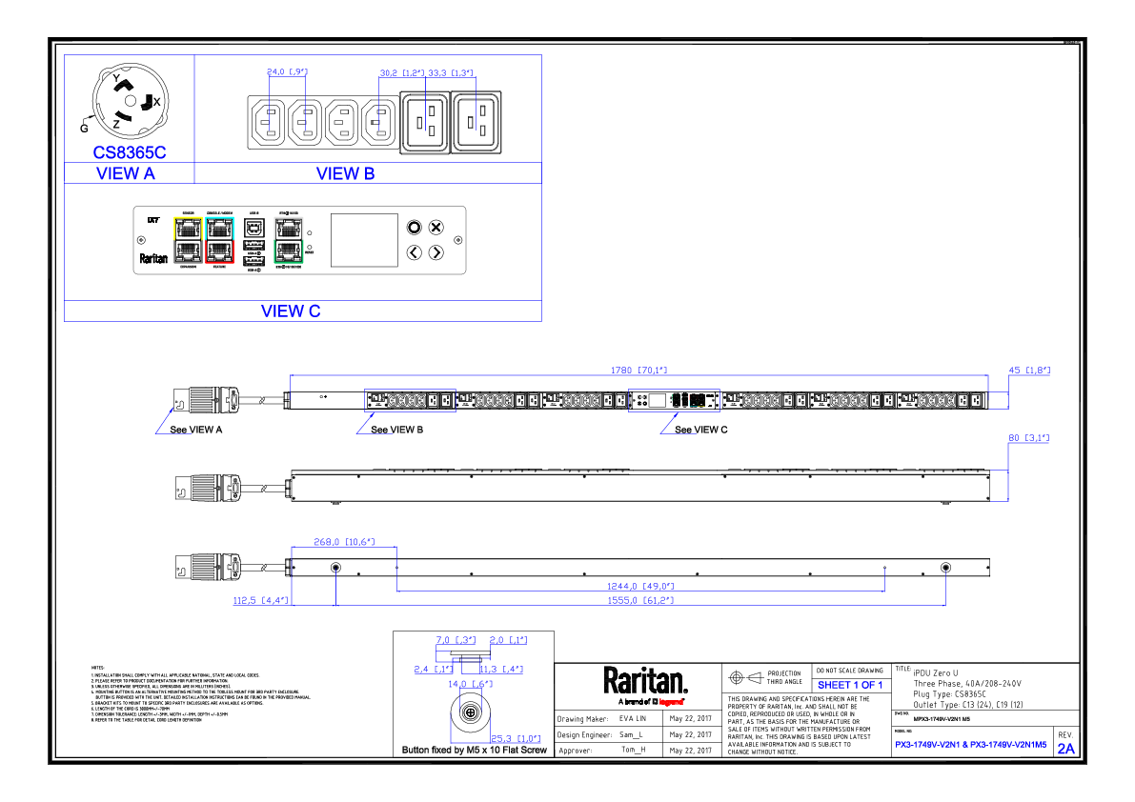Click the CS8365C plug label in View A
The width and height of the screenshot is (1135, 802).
[x=130, y=152]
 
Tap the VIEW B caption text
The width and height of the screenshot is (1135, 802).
[x=345, y=173]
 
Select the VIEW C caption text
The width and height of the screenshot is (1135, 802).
[x=291, y=311]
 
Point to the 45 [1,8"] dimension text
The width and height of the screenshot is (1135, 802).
[x=1029, y=370]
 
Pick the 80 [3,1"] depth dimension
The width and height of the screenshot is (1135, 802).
[x=1028, y=438]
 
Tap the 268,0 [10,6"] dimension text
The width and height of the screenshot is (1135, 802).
[x=344, y=542]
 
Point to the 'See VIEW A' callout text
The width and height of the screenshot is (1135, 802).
[x=195, y=430]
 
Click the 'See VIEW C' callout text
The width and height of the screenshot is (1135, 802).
[x=701, y=430]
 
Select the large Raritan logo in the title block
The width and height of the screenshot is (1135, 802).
[x=644, y=681]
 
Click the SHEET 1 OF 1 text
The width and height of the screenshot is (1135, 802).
[x=849, y=685]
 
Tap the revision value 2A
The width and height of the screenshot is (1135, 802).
[x=1065, y=749]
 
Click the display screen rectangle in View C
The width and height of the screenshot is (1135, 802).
[x=364, y=240]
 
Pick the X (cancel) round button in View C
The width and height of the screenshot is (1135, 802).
[x=436, y=227]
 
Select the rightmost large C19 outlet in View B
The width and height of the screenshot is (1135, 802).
[x=478, y=122]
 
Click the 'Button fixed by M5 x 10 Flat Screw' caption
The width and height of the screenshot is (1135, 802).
[x=475, y=751]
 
